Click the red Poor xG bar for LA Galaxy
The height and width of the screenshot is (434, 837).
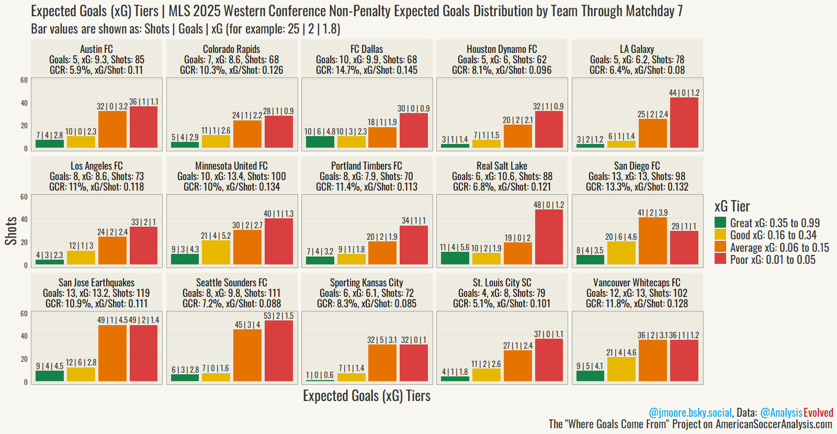(x=684, y=123)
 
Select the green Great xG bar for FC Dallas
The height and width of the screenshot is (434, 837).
(x=320, y=141)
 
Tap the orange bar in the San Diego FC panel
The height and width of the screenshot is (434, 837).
(x=652, y=241)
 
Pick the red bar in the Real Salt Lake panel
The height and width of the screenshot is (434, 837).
(x=549, y=237)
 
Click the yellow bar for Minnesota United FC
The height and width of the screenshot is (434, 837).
(x=216, y=252)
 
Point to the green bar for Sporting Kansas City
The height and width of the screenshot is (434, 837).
(x=320, y=380)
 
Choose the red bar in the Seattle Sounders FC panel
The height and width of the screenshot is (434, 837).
(x=278, y=351)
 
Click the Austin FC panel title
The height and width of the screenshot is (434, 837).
(x=97, y=49)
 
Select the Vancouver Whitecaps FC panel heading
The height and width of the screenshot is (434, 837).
(x=637, y=283)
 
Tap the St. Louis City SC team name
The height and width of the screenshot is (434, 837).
(x=502, y=283)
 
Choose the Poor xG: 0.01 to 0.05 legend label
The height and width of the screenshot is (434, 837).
(x=773, y=260)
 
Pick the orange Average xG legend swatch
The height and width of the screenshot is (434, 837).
(x=720, y=247)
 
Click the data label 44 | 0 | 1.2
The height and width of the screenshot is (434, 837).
(x=684, y=93)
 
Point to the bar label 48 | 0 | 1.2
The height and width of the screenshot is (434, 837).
(x=549, y=205)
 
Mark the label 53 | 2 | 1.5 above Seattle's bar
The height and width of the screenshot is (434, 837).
(x=278, y=316)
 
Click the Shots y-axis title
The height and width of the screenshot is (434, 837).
(x=11, y=231)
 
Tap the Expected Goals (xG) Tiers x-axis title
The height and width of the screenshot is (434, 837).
(x=367, y=396)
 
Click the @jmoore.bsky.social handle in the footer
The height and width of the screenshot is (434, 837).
(x=690, y=413)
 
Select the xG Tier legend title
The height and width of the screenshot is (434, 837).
(x=732, y=206)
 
